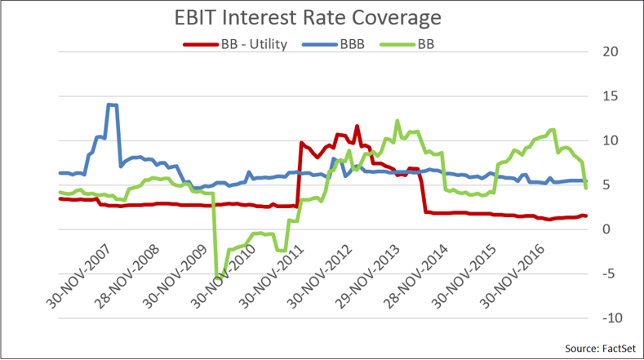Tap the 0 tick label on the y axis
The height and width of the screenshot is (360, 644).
[608, 229]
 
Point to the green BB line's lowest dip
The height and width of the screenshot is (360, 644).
[217, 278]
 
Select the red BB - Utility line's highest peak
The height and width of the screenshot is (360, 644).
[357, 126]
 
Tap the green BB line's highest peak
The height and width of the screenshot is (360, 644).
[398, 121]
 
